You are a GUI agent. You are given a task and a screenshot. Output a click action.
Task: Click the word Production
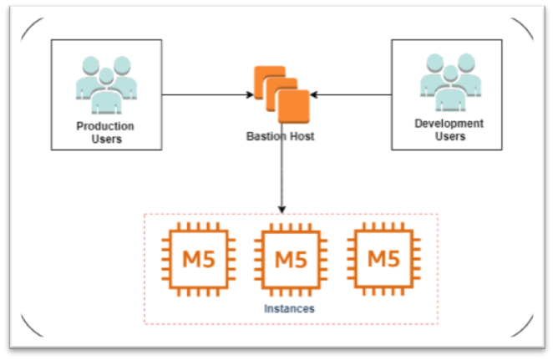click(x=104, y=126)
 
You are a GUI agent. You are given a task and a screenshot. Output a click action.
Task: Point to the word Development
click(x=449, y=124)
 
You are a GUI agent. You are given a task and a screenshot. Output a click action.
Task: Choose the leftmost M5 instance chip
click(x=197, y=259)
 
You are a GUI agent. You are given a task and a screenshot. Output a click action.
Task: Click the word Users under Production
click(x=104, y=139)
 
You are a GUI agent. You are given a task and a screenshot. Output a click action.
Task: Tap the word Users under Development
click(x=449, y=136)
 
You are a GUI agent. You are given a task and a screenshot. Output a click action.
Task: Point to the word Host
click(x=301, y=136)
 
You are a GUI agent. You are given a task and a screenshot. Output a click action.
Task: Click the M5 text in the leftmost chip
click(x=197, y=259)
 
